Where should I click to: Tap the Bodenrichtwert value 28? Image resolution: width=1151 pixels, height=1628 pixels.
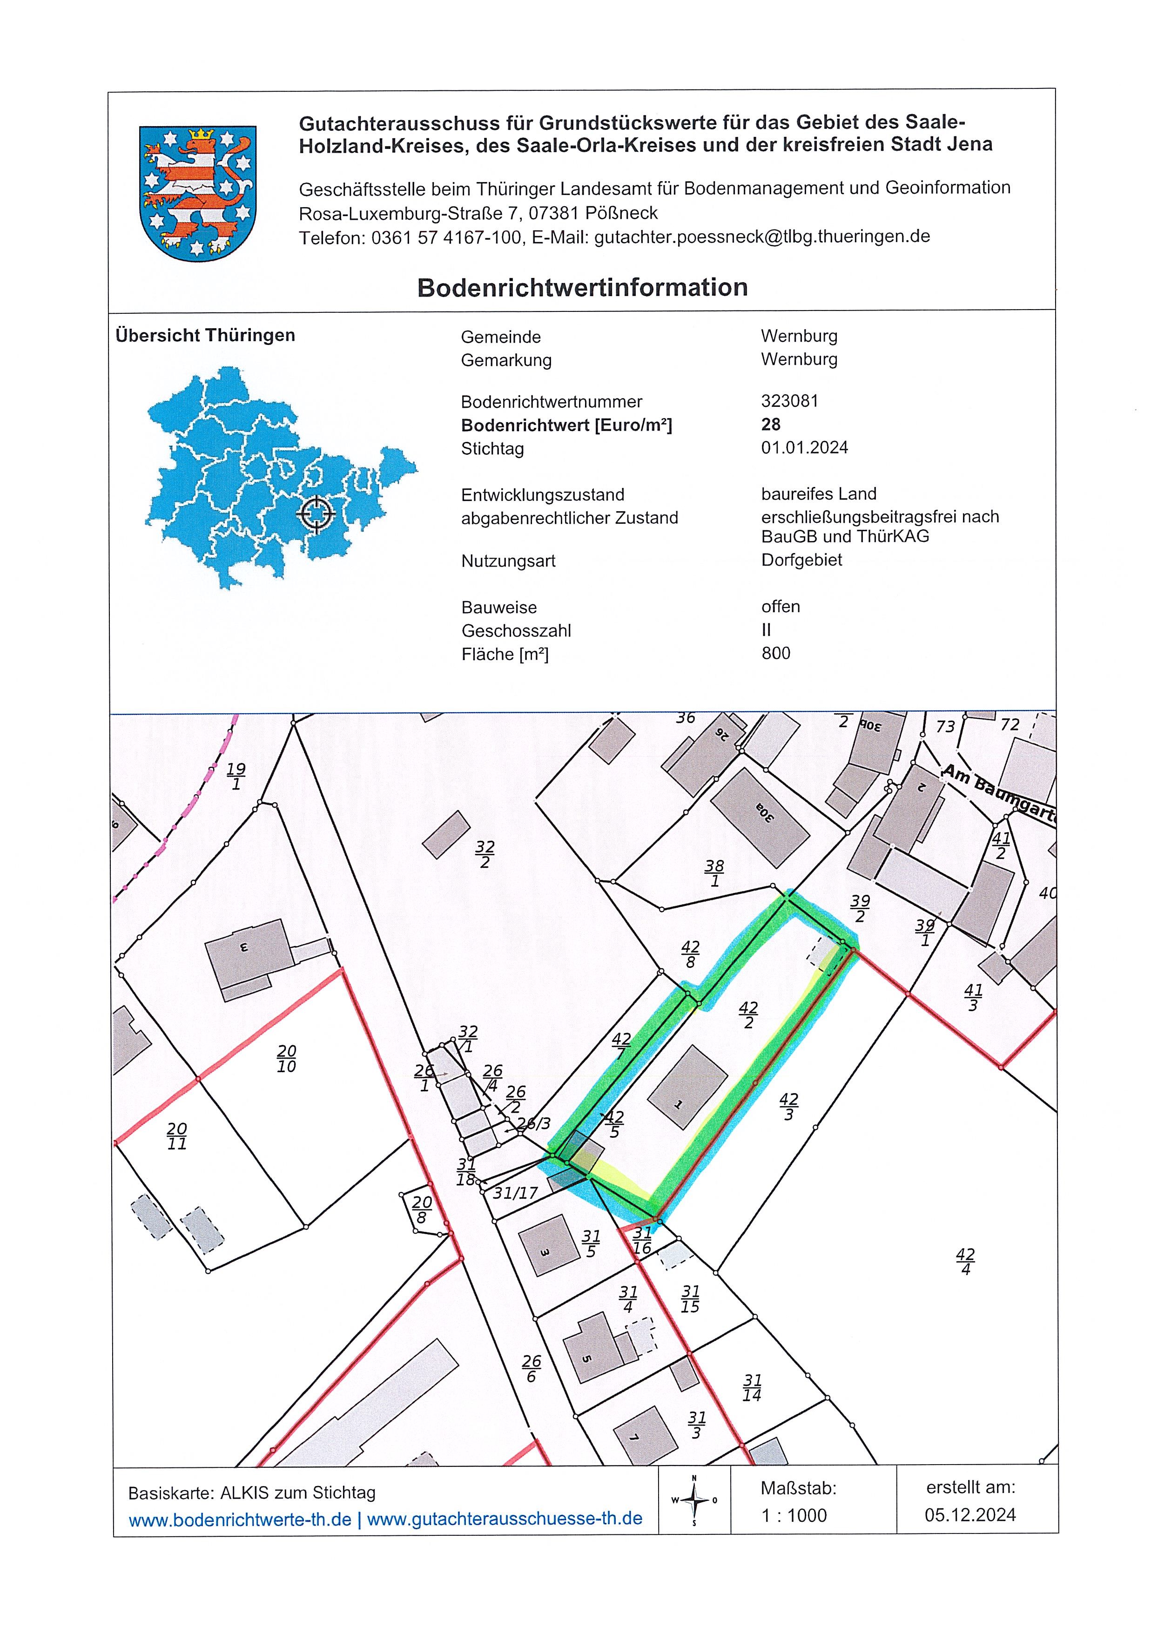click(x=770, y=424)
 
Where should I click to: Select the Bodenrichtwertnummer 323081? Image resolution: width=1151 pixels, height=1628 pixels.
click(x=789, y=401)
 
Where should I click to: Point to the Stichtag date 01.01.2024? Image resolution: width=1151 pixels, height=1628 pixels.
click(x=804, y=447)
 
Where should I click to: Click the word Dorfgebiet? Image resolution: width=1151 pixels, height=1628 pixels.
click(x=801, y=560)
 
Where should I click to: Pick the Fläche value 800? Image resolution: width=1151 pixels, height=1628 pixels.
click(x=775, y=653)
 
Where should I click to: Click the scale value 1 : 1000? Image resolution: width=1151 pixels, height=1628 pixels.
click(x=794, y=1515)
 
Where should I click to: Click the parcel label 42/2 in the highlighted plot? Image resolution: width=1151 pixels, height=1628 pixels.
click(x=748, y=1015)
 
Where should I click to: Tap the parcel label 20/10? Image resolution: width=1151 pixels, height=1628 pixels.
click(x=286, y=1059)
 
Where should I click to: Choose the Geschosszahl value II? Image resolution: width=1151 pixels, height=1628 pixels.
click(x=766, y=629)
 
